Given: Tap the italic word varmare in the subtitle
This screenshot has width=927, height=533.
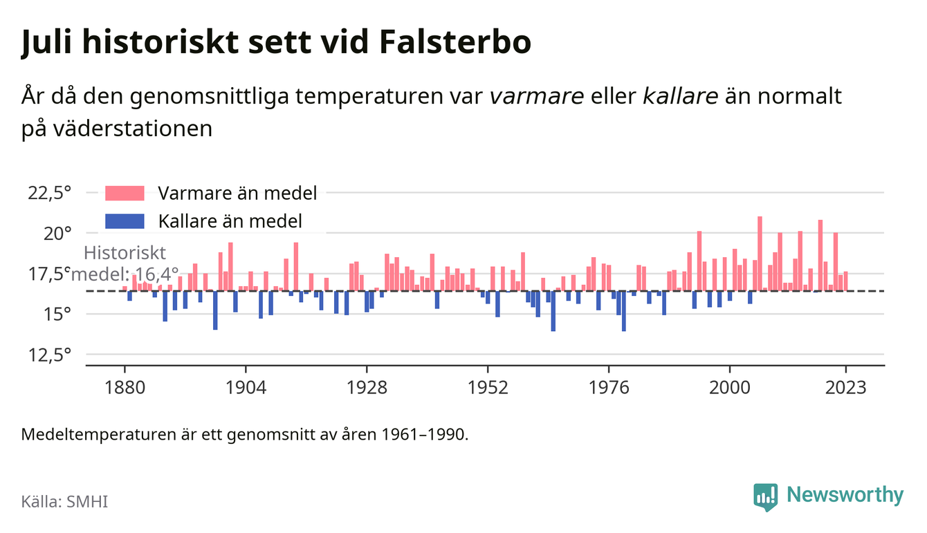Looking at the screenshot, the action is click(537, 97).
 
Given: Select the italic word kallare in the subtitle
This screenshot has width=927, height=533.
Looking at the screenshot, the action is click(680, 95).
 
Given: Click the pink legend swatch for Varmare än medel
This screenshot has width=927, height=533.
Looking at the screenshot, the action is click(125, 193).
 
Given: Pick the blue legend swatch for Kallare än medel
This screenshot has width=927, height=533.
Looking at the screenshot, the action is click(125, 221).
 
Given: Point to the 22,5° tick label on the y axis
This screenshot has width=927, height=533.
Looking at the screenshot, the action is click(49, 193).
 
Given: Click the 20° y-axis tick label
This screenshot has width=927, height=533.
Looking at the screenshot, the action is click(57, 234).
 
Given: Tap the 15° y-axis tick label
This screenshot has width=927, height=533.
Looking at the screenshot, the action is click(57, 315).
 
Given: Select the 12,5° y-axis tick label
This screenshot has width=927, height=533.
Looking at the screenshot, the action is click(49, 355).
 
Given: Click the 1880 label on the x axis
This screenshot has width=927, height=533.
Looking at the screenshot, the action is click(125, 388).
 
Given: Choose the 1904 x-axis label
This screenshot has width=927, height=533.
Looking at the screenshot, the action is click(246, 388).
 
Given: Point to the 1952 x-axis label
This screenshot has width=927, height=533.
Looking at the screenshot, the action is click(488, 388).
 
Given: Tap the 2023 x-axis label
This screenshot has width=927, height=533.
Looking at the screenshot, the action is click(845, 388).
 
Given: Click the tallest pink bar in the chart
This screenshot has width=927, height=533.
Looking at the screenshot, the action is click(760, 254).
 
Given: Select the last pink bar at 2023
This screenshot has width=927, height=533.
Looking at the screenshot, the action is click(845, 281).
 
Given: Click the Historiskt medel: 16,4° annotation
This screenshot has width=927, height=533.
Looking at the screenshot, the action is click(125, 263).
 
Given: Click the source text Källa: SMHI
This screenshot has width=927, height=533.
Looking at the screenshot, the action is click(64, 502).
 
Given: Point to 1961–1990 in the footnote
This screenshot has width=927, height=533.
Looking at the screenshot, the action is click(424, 435).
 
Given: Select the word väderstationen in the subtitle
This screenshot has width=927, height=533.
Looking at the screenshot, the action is click(133, 129).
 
